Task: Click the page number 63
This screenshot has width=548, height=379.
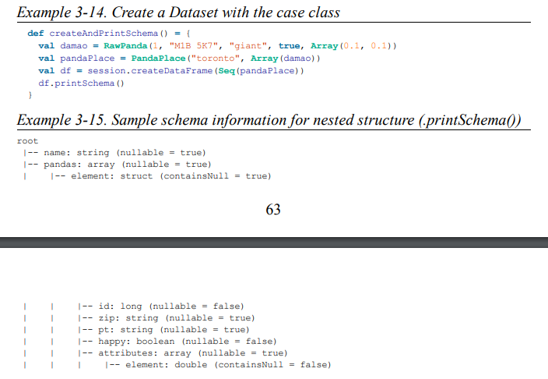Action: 273,209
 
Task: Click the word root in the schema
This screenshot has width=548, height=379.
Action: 27,141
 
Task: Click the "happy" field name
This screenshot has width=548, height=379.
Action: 114,341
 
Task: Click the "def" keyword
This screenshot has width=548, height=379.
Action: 36,34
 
